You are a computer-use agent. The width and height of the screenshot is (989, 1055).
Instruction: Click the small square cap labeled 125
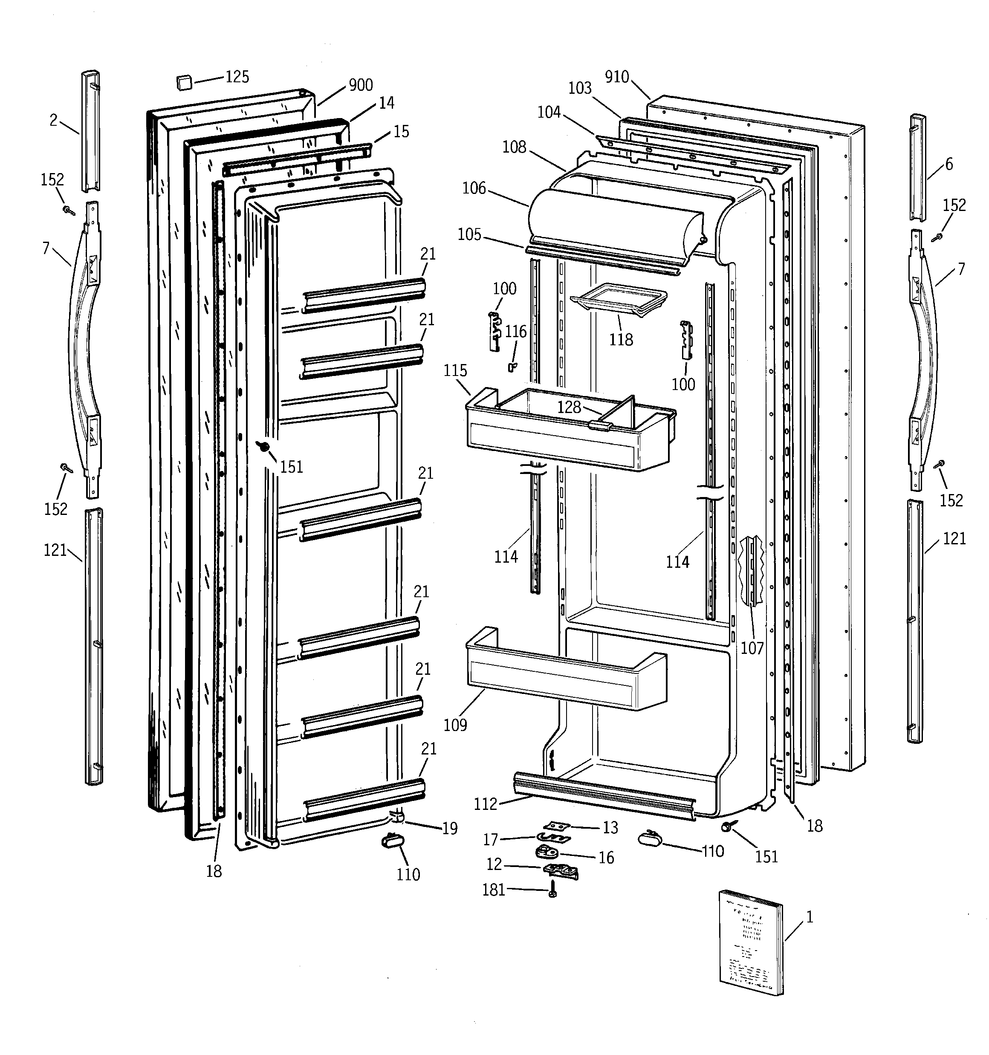click(x=183, y=83)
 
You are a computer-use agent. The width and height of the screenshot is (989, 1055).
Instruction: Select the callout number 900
click(x=361, y=85)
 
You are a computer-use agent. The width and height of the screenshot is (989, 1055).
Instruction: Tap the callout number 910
click(x=617, y=77)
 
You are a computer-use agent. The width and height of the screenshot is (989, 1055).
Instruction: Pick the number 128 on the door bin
click(x=569, y=407)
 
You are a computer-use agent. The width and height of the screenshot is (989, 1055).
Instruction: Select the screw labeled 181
click(x=552, y=890)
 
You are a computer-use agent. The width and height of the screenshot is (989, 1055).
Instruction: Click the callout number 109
click(x=455, y=725)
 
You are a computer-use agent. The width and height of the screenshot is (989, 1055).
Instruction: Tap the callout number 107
click(x=752, y=648)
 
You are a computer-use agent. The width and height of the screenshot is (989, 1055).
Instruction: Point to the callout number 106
click(x=474, y=188)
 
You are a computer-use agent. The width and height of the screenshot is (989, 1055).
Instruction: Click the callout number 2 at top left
click(x=53, y=121)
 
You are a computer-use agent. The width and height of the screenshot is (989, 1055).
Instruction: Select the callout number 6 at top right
click(x=949, y=164)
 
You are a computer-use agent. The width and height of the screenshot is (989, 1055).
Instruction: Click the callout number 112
click(x=485, y=804)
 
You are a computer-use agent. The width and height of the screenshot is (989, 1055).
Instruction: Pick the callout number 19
click(x=450, y=828)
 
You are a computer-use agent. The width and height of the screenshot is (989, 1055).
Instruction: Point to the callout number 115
click(x=455, y=370)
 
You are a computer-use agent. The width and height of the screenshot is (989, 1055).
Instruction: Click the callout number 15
click(x=401, y=132)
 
